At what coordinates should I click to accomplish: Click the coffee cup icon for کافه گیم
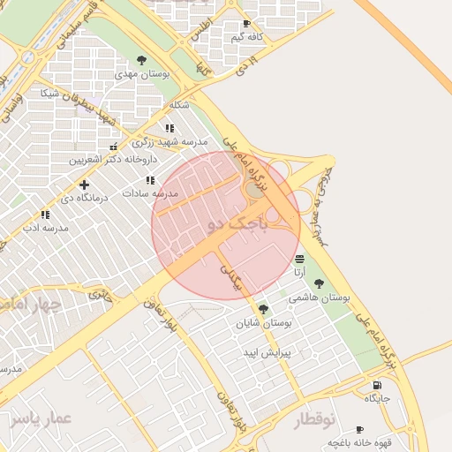(246, 24)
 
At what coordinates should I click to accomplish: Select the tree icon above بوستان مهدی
(142, 60)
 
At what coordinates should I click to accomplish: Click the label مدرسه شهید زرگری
(170, 141)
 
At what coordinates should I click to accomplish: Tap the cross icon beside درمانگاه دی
(84, 185)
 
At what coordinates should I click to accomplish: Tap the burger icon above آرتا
(300, 258)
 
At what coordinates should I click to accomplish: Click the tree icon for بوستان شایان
(263, 308)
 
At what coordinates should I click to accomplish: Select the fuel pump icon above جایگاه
(378, 385)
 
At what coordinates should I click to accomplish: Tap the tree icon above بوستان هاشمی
(319, 283)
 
